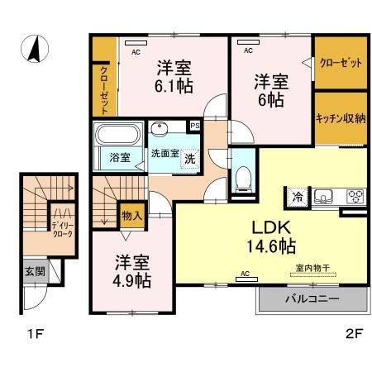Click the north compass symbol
pyautogui.click(x=35, y=49)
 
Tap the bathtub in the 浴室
pyautogui.click(x=118, y=135)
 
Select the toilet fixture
pyautogui.click(x=244, y=179)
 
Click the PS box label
pyautogui.click(x=195, y=126)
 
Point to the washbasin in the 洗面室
pyautogui.click(x=159, y=128)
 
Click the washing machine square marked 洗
pyautogui.click(x=190, y=159)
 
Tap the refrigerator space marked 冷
pyautogui.click(x=298, y=197)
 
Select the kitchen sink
pyautogui.click(x=323, y=197)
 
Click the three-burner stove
pyautogui.click(x=355, y=197)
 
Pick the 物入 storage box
pyautogui.click(x=132, y=216)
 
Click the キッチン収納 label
pyautogui.click(x=341, y=119)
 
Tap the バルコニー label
pyautogui.click(x=312, y=298)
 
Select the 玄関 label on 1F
pyautogui.click(x=35, y=271)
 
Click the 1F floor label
pyautogui.click(x=36, y=334)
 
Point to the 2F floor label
pyautogui.click(x=354, y=334)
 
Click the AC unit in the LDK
pyautogui.click(x=247, y=279)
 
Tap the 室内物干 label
pyautogui.click(x=312, y=268)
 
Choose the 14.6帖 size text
pyautogui.click(x=271, y=246)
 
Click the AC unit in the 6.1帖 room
pyautogui.click(x=136, y=43)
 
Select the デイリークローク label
pyautogui.click(x=63, y=230)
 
